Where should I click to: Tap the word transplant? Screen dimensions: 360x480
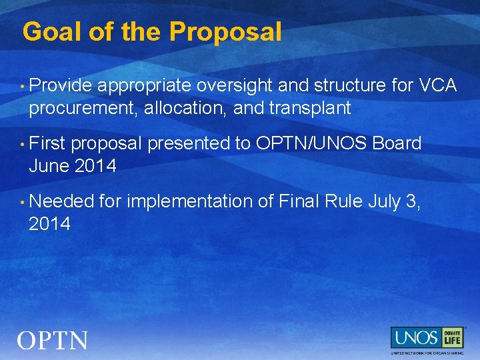(312, 109)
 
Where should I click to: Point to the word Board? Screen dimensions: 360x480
(397, 143)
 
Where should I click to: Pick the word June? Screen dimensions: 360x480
(49, 166)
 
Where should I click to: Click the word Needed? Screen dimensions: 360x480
(61, 201)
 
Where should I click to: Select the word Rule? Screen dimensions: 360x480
(344, 201)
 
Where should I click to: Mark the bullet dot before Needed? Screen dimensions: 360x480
(23, 202)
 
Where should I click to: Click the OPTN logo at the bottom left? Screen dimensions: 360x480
(52, 341)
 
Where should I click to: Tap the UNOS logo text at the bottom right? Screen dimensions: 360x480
(415, 337)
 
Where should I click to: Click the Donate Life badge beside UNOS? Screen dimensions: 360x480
(452, 337)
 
